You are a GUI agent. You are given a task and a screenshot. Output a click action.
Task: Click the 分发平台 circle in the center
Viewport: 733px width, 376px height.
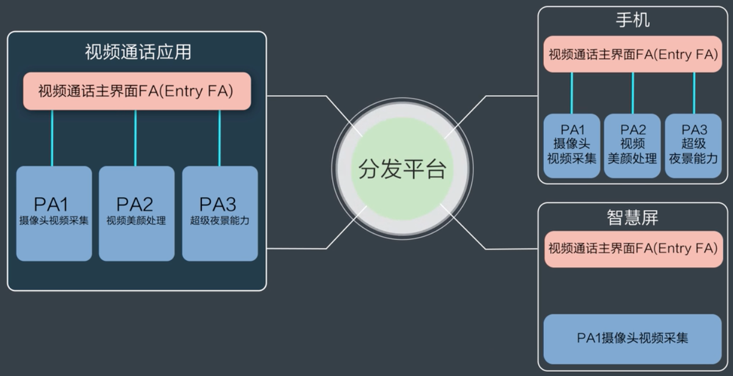(402, 169)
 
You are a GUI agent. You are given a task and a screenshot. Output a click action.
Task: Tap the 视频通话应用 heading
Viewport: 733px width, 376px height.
(138, 52)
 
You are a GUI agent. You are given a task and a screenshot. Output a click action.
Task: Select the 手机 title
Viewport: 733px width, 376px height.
(632, 20)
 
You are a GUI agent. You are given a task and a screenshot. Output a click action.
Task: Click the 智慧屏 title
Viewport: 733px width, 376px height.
(632, 218)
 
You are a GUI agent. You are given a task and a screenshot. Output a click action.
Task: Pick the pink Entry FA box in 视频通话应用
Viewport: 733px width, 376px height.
(137, 91)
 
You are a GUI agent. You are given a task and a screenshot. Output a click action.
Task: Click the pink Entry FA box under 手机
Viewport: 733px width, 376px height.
(632, 55)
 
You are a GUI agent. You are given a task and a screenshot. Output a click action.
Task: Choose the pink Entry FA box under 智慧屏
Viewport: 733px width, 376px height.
(632, 249)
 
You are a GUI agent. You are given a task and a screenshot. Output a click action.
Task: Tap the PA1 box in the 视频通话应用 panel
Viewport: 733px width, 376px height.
(54, 213)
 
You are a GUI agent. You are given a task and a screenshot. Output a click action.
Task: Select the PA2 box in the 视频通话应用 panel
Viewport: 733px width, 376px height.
(137, 213)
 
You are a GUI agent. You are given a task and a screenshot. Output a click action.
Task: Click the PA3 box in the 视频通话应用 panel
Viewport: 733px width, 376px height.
(220, 213)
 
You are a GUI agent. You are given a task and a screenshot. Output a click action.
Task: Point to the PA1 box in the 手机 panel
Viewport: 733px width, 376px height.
(572, 146)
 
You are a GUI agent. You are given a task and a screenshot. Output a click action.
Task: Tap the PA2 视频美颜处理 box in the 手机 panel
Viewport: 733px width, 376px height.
(632, 146)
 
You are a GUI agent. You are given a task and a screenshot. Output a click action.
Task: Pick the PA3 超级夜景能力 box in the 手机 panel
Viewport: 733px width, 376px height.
(693, 146)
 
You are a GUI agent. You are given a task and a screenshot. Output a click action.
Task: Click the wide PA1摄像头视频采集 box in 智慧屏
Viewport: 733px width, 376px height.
(632, 339)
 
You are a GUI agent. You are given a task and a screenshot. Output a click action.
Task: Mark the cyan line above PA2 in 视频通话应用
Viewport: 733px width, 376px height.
(136, 138)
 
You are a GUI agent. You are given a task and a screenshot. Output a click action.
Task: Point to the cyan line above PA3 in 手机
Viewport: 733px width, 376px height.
(694, 93)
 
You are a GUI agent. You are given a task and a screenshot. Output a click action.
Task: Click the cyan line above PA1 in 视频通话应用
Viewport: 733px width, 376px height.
(52, 138)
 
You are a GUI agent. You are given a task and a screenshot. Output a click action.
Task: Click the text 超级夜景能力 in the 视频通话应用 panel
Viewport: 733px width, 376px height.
(220, 221)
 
